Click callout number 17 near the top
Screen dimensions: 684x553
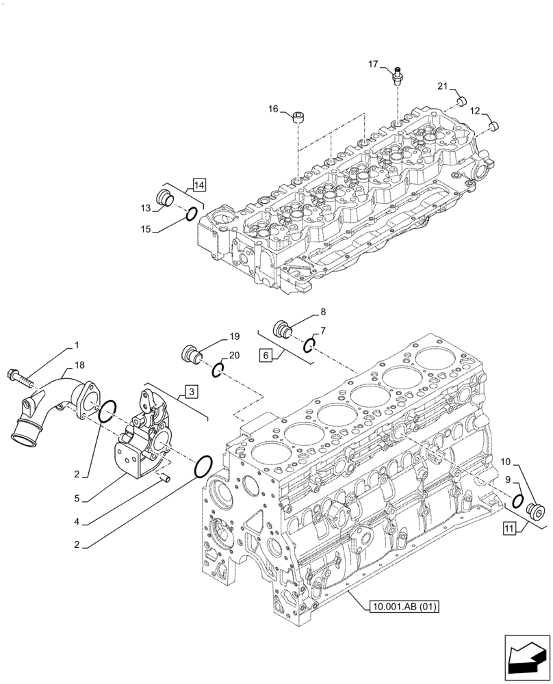pyautogui.click(x=373, y=64)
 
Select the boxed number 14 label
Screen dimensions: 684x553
pyautogui.click(x=198, y=184)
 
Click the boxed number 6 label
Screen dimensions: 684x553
pyautogui.click(x=266, y=354)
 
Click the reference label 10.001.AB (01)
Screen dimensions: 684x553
pyautogui.click(x=404, y=606)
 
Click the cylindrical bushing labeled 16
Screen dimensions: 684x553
pyautogui.click(x=299, y=118)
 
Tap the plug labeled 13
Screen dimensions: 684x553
pyautogui.click(x=164, y=197)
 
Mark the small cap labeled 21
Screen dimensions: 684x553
pyautogui.click(x=461, y=101)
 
